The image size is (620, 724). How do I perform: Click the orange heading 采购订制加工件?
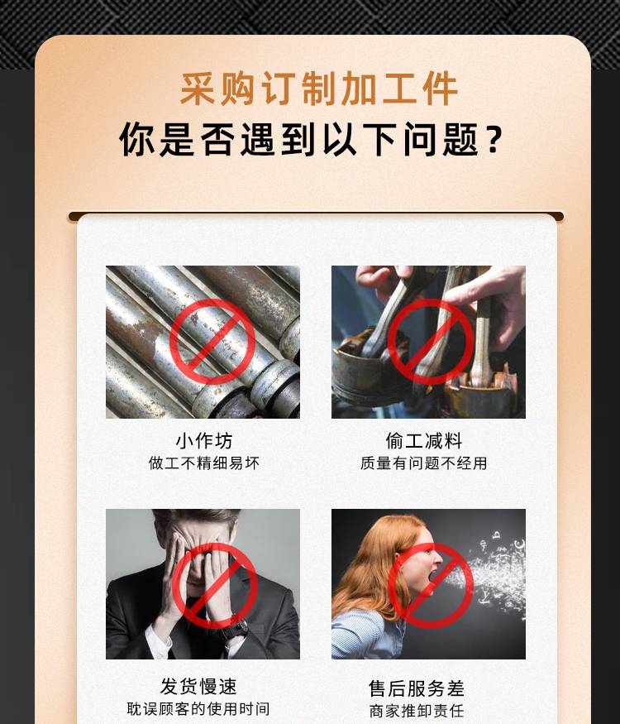pos(318,89)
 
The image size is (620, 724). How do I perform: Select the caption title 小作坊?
pos(204,440)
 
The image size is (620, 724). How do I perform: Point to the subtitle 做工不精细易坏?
pos(204,463)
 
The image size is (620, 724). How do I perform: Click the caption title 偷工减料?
pos(424,440)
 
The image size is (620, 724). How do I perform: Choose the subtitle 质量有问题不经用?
pos(424,463)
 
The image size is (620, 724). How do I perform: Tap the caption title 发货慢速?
pos(198,687)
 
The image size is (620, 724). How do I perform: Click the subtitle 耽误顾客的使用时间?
pos(198,708)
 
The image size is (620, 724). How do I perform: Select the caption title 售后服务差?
pos(417,688)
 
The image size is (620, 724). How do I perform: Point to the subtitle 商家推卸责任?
pos(417,711)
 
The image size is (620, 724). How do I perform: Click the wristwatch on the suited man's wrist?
pos(236,629)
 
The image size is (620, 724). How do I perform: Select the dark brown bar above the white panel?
pos(316,216)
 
